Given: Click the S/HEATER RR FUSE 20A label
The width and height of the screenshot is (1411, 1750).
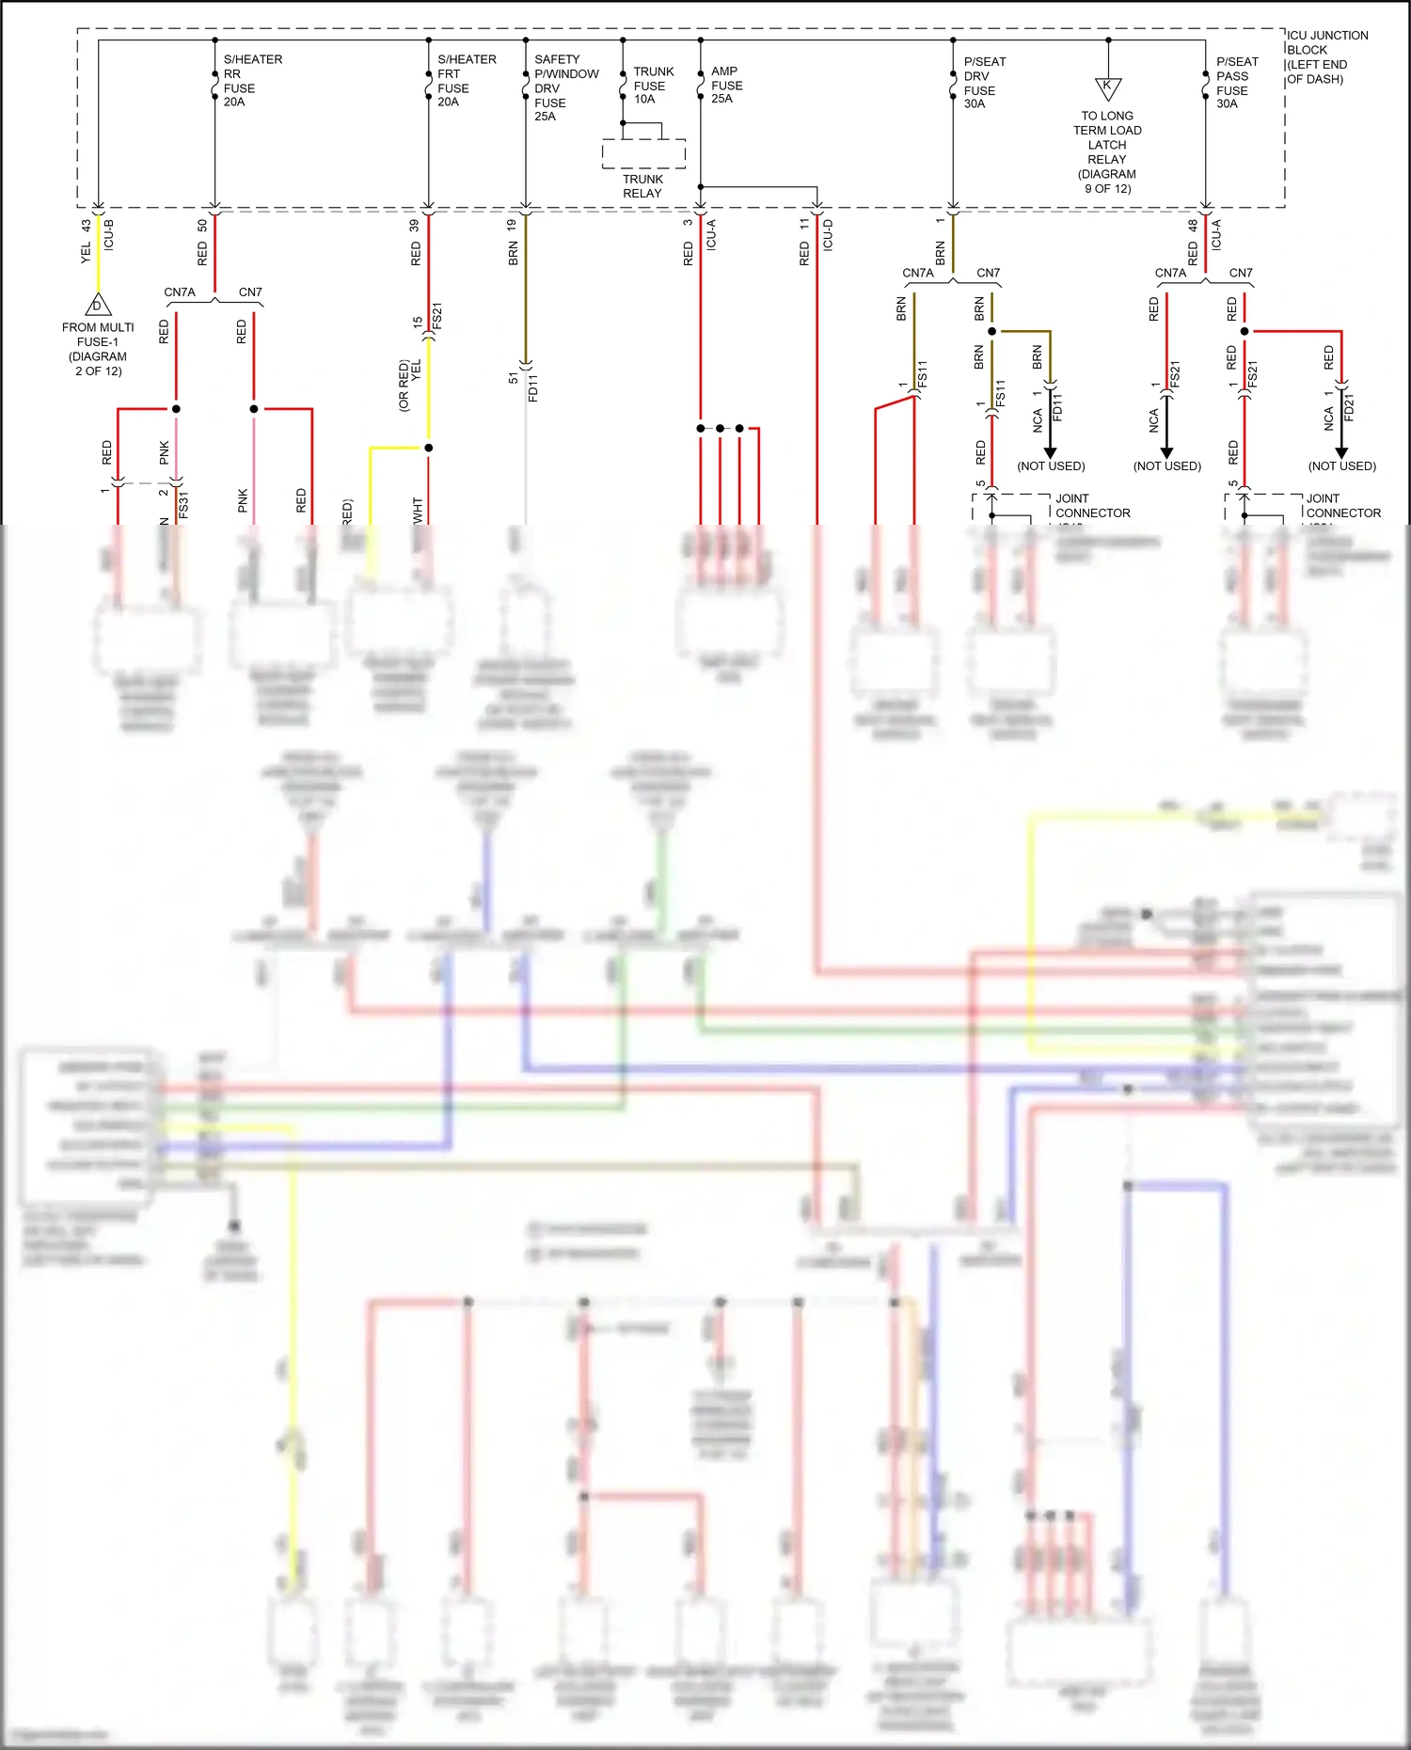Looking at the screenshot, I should [251, 81].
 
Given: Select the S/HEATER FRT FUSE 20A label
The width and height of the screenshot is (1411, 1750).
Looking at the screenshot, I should [466, 81].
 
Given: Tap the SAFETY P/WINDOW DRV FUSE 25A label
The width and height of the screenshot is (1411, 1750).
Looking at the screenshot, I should [565, 87].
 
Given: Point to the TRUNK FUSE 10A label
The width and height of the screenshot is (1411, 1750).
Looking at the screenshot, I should [653, 86].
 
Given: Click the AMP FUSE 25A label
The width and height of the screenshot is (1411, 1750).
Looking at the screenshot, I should [726, 85].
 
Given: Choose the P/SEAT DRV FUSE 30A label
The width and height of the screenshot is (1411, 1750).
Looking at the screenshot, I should [984, 83].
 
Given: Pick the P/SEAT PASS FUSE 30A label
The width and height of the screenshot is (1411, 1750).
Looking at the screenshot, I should [1236, 83].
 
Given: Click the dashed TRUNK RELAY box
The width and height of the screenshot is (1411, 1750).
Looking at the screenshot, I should [643, 153].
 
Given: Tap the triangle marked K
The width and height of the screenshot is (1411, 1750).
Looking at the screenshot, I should [1108, 88].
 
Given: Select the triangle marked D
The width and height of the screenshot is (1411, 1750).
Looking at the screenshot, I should [98, 306].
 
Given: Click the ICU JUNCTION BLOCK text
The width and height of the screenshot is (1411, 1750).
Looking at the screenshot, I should [1326, 57].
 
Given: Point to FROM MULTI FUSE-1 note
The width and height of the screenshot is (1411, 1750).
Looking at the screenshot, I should [98, 349].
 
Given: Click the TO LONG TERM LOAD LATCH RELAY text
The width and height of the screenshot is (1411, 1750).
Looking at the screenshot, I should [1107, 151].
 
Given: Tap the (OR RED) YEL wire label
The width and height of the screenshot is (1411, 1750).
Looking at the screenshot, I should [410, 384].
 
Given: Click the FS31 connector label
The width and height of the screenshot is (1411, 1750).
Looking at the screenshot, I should [183, 505].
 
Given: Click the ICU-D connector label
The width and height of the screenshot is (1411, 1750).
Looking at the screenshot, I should [828, 235].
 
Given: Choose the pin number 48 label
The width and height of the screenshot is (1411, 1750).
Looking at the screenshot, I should [1193, 226].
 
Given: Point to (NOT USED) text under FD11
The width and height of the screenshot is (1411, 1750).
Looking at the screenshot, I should [1051, 466].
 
